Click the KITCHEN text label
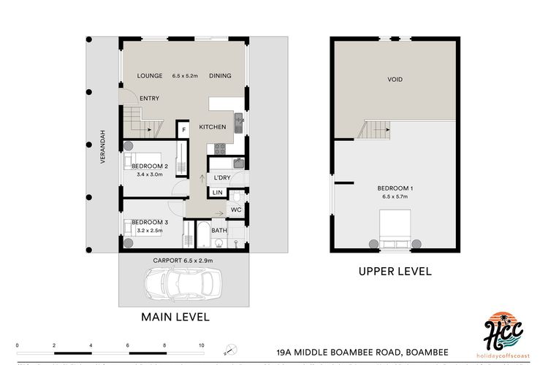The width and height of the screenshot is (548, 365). pyautogui.click(x=213, y=128)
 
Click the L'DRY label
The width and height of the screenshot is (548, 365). pyautogui.click(x=221, y=178)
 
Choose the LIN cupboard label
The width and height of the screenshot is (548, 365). pyautogui.click(x=217, y=193)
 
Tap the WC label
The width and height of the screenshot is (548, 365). pyautogui.click(x=235, y=210)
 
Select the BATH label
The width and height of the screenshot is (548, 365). pyautogui.click(x=219, y=231)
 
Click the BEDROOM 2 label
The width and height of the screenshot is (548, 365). pyautogui.click(x=151, y=166)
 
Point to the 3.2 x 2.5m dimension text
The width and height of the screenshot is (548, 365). pyautogui.click(x=151, y=230)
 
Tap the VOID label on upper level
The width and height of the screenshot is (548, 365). pyautogui.click(x=395, y=79)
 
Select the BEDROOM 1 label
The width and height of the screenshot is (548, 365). pyautogui.click(x=395, y=189)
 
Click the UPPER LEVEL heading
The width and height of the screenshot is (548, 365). pyautogui.click(x=395, y=272)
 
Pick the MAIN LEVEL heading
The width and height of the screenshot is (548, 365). pyautogui.click(x=175, y=317)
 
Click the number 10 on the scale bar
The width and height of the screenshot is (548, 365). pyautogui.click(x=202, y=345)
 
